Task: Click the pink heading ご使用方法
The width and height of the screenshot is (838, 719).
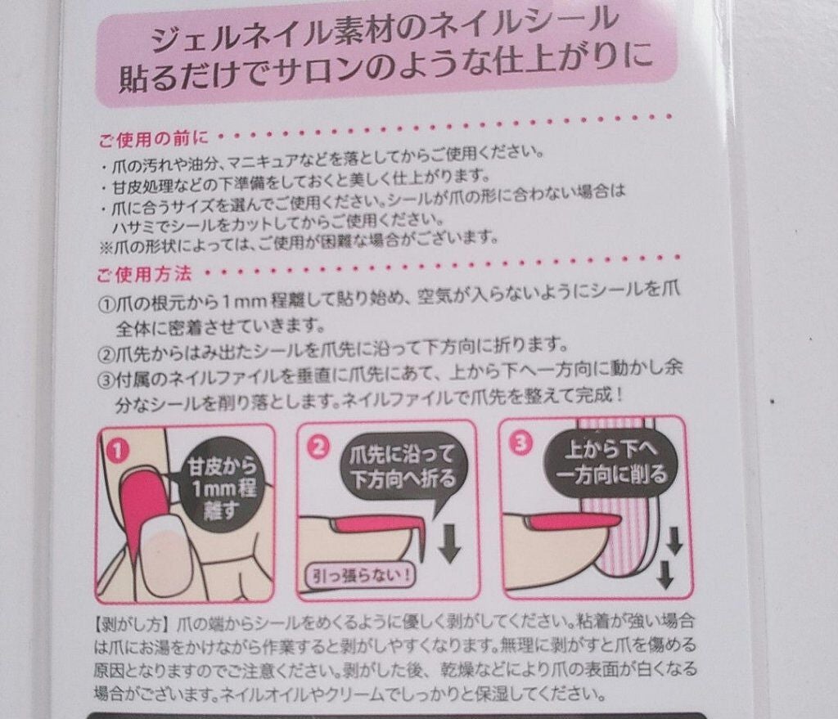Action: click(144, 275)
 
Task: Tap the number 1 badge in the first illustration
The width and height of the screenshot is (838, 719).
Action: click(118, 452)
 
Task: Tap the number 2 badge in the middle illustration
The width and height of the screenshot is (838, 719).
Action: click(319, 447)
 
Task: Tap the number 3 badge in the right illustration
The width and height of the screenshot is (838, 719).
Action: click(521, 443)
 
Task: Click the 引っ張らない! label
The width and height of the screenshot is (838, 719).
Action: click(361, 575)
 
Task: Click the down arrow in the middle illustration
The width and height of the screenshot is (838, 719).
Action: click(449, 542)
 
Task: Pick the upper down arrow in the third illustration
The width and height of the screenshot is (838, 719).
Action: click(674, 541)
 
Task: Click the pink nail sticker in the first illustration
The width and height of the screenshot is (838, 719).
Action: click(139, 507)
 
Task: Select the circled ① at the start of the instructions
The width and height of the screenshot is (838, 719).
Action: click(107, 305)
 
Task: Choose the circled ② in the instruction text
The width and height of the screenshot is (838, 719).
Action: click(106, 353)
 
